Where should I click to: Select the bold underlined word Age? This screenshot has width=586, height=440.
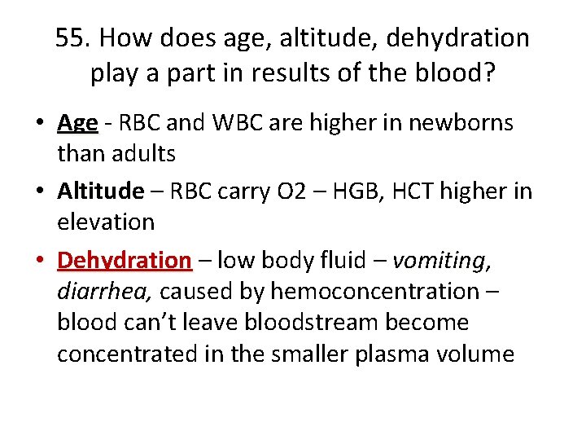pos(78,122)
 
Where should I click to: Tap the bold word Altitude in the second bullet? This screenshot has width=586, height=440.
pos(100,191)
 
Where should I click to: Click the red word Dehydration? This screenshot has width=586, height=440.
pos(125,260)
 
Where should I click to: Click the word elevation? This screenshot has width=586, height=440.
pos(106,222)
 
